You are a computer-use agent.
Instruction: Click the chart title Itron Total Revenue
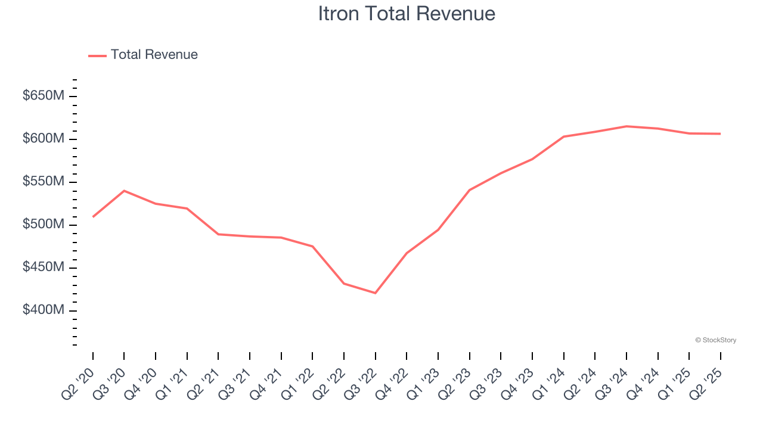point(407,13)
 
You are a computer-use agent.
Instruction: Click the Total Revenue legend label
point(154,55)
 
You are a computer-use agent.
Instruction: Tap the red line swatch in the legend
point(97,55)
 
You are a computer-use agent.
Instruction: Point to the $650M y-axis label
point(43,96)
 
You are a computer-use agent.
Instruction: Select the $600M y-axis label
point(43,139)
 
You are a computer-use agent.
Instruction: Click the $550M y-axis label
point(43,182)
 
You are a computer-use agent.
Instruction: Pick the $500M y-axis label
point(43,225)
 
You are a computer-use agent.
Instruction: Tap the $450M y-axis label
point(43,268)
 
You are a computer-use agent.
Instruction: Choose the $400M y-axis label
point(43,310)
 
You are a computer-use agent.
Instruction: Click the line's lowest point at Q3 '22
point(376,293)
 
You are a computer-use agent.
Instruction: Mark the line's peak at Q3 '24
point(626,126)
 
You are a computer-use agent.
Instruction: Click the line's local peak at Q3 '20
point(124,191)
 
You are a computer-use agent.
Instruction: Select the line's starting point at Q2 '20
point(93,217)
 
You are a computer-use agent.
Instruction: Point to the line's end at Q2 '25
point(721,133)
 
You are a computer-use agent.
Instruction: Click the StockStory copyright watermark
point(715,340)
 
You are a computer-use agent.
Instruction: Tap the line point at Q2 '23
point(470,190)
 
